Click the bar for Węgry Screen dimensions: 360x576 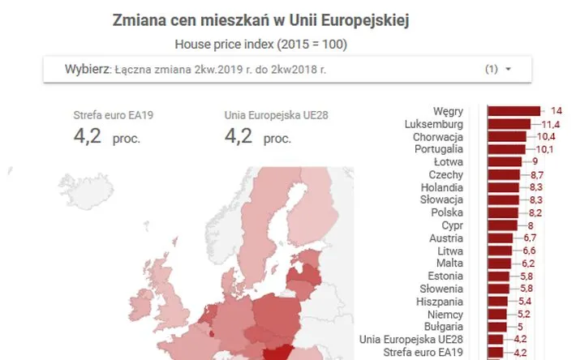click(x=514, y=110)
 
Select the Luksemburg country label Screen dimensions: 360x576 click(x=434, y=124)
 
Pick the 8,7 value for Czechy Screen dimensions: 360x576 click(x=535, y=175)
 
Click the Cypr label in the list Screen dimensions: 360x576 click(x=452, y=225)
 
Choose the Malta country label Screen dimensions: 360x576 click(x=450, y=263)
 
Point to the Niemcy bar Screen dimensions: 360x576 click(x=496, y=314)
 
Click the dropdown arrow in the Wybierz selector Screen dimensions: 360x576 click(x=508, y=70)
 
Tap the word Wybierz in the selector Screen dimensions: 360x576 click(x=86, y=69)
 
